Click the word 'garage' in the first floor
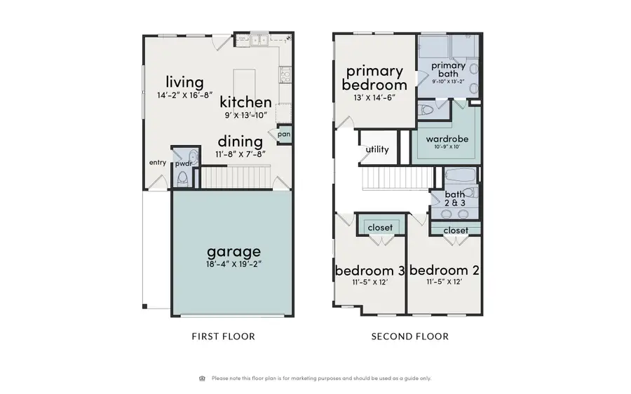pyautogui.click(x=233, y=251)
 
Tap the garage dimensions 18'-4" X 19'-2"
pyautogui.click(x=233, y=264)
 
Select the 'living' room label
pyautogui.click(x=184, y=82)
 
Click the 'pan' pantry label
pyautogui.click(x=284, y=134)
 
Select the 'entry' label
pyautogui.click(x=157, y=163)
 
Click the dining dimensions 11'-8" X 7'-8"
pyautogui.click(x=240, y=154)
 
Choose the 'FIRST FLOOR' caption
pyautogui.click(x=223, y=337)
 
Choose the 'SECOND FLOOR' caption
pyautogui.click(x=409, y=337)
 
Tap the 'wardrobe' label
pyautogui.click(x=447, y=139)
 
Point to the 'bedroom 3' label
pyautogui.click(x=369, y=271)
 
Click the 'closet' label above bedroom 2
pyautogui.click(x=456, y=230)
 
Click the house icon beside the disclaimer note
pyautogui.click(x=203, y=378)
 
